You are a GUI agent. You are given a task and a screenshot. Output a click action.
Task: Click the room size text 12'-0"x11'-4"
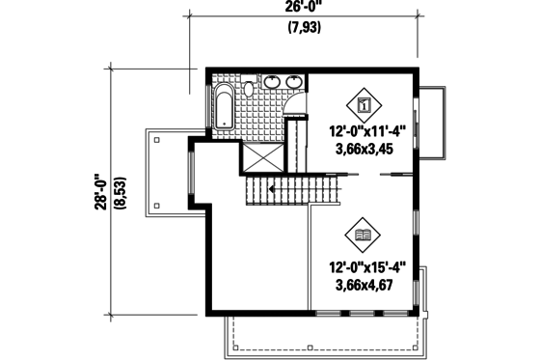tap(366, 133)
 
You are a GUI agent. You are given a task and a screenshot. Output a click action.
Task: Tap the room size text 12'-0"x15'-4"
tap(366, 267)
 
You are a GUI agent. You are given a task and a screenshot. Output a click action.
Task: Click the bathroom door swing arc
tap(296, 109)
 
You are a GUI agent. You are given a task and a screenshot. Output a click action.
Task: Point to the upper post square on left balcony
tap(154, 138)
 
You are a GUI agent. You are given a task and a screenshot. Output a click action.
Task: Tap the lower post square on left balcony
tap(154, 207)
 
